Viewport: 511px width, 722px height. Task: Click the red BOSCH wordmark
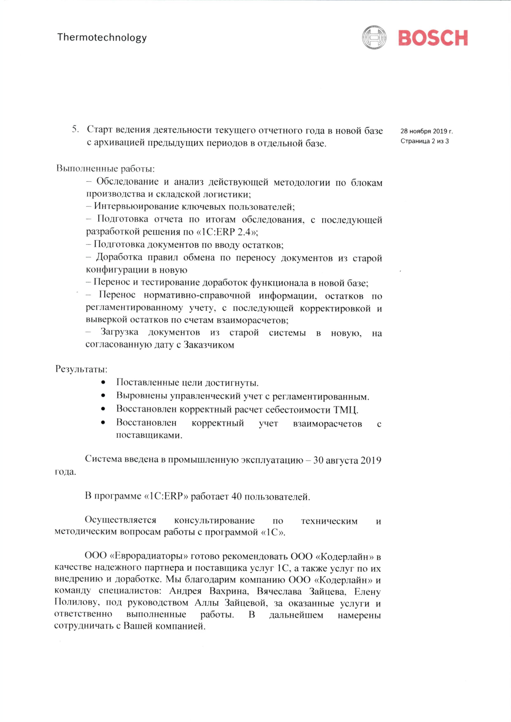coord(433,38)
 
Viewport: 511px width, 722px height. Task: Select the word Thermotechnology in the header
coord(102,37)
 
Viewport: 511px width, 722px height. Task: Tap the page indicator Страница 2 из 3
coord(424,141)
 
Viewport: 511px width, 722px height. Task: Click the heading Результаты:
coord(81,369)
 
